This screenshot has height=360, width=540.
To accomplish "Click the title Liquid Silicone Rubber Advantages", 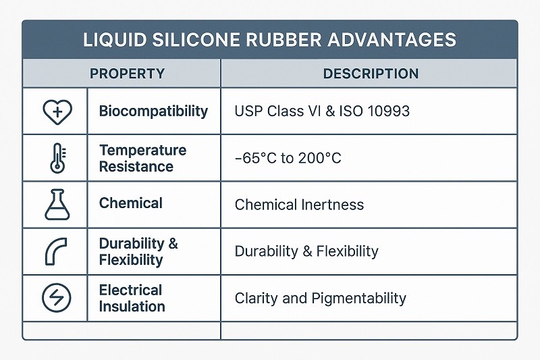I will click(x=269, y=39).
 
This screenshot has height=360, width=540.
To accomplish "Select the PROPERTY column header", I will click(x=127, y=74).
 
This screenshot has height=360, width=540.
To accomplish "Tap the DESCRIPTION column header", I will click(x=371, y=74).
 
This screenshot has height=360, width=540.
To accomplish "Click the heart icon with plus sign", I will click(x=56, y=111).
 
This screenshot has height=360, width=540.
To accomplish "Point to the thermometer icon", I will click(x=55, y=159).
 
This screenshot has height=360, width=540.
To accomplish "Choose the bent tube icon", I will click(x=56, y=251).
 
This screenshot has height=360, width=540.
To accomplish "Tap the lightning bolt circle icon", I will click(x=56, y=298).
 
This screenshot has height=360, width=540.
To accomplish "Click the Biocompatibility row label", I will click(x=153, y=111).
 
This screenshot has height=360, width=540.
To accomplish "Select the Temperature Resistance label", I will click(x=142, y=158).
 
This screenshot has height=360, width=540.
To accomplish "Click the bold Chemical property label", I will click(x=130, y=203).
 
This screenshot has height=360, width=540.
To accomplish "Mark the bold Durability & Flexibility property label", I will click(x=138, y=251).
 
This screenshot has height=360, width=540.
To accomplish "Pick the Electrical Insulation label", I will click(x=132, y=298).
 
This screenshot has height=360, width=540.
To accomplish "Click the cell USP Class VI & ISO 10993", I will click(x=322, y=111).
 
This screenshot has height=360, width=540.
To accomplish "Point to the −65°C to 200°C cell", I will click(x=288, y=159).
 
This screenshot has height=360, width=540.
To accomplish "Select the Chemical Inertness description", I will click(x=299, y=204).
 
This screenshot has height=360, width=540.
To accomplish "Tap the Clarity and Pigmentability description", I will click(x=320, y=298).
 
